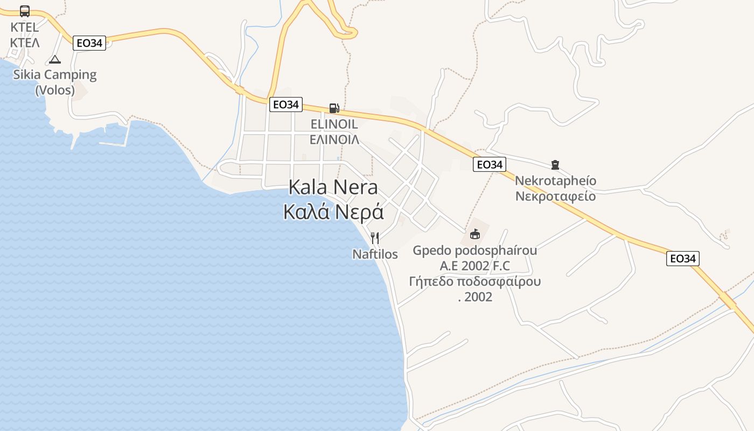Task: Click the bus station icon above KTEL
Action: pos(25,11)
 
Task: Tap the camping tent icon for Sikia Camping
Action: pos(54,59)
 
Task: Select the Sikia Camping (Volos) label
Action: pos(55,82)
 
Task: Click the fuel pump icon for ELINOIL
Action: pos(334,108)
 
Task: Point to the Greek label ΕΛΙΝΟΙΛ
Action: pos(334,140)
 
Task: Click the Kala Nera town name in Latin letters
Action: pos(333,187)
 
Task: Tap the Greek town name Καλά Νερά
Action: pos(333,212)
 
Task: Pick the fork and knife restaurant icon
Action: pos(375,238)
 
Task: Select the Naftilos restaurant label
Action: pos(375,254)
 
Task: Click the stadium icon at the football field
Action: pos(474,234)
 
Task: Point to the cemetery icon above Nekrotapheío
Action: pos(555,165)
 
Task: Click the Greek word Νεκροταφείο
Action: pos(555,196)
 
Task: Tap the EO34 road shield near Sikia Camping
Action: pos(89,43)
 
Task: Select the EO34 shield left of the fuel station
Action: pos(285,105)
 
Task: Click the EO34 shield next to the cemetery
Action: pos(490,164)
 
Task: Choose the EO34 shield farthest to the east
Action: pos(682,259)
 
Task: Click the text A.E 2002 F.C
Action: pos(474,266)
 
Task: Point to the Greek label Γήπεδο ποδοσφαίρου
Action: pos(474,281)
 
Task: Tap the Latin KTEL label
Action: pos(25,27)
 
